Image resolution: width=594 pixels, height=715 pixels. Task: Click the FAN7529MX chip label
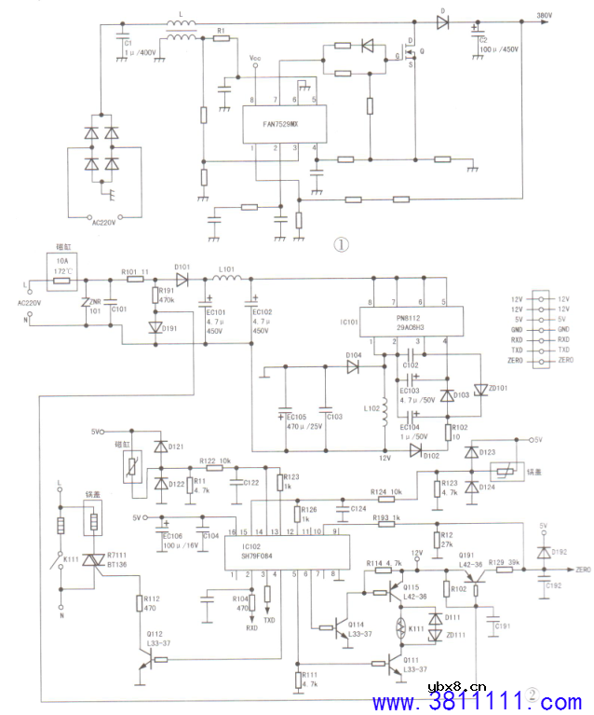[x=280, y=122]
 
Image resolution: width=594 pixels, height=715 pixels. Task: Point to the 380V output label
[x=545, y=15]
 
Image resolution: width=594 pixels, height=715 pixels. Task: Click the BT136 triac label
[x=118, y=563]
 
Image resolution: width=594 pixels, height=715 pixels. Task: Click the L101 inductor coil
[x=226, y=280]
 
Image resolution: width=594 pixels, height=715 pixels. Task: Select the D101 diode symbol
[x=182, y=280]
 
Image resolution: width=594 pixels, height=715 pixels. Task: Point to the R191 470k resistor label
[x=168, y=297]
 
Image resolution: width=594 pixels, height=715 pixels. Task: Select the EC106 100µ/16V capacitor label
[x=172, y=540]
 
